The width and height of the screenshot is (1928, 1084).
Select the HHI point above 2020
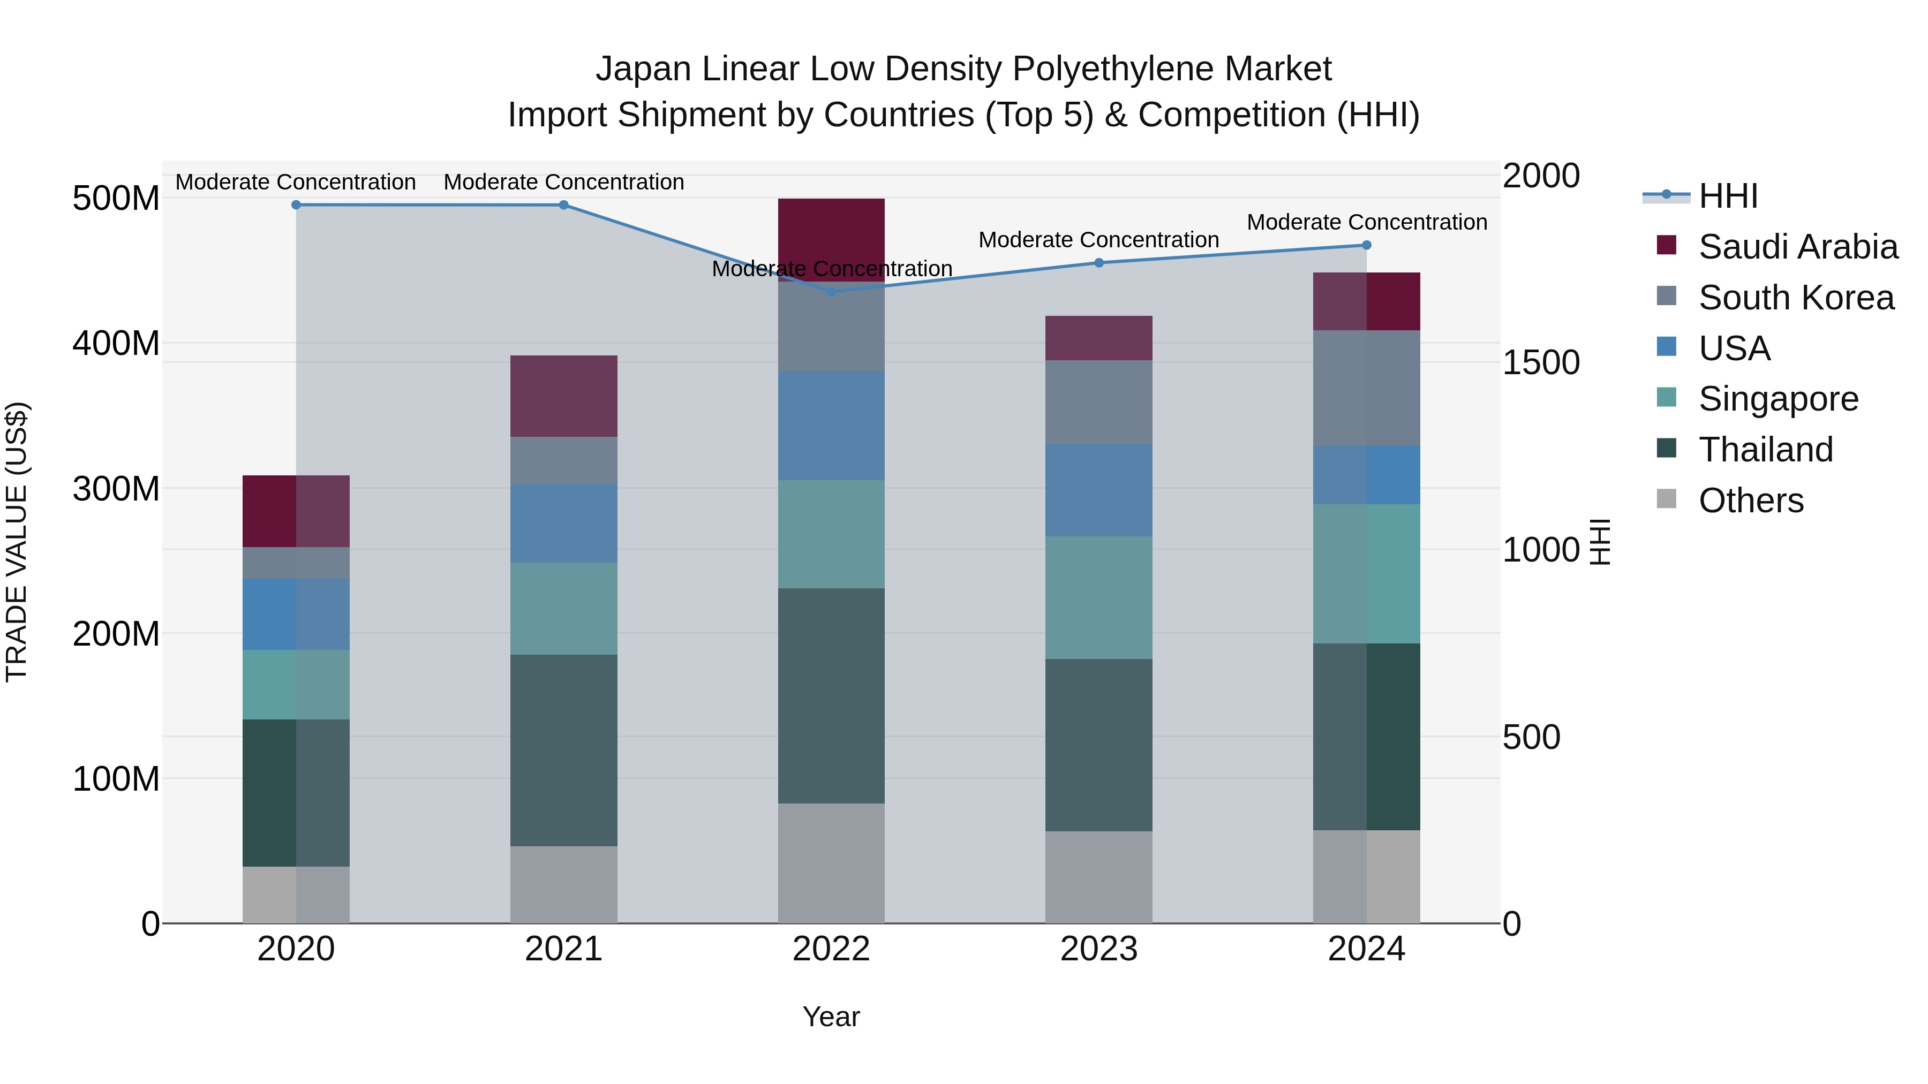point(296,205)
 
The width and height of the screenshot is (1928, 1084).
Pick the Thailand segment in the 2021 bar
point(563,751)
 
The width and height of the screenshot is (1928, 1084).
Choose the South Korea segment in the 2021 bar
point(563,460)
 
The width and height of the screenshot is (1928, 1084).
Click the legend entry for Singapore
point(1778,399)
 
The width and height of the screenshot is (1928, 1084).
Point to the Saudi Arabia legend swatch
point(1667,245)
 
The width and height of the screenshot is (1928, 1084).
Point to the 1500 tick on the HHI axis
point(1540,363)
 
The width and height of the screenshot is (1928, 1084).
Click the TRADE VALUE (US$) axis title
point(17,542)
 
